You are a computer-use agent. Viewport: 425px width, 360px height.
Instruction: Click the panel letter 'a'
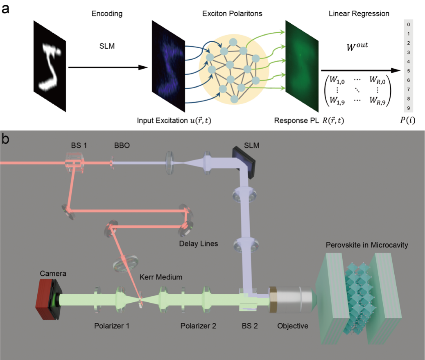[6, 8]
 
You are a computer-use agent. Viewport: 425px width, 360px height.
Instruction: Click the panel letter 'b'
[6, 139]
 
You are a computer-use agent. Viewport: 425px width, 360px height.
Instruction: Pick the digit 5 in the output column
[408, 71]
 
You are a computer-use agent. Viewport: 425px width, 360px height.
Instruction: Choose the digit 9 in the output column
[408, 108]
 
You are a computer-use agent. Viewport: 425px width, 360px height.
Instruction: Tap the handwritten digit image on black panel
[50, 65]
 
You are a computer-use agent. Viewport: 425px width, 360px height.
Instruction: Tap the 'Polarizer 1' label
[110, 326]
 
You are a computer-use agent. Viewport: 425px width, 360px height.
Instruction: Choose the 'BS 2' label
[249, 326]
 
